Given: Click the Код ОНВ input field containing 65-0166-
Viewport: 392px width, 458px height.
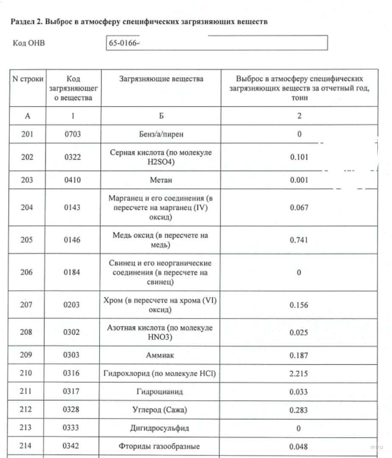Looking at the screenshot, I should click(x=217, y=43).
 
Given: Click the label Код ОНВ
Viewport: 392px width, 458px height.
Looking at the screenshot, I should click(x=29, y=43).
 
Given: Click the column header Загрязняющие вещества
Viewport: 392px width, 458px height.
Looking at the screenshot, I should click(x=161, y=79).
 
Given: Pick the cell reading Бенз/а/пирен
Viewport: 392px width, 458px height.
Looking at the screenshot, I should click(x=161, y=134).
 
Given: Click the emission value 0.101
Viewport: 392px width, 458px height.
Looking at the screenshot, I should click(x=299, y=157).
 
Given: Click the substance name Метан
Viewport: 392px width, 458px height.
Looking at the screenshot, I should click(x=161, y=180).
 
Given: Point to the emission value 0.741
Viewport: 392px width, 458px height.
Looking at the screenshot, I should click(x=299, y=240).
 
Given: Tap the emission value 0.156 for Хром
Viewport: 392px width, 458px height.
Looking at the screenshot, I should click(x=299, y=305).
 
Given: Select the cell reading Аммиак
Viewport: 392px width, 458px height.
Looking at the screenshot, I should click(x=161, y=355).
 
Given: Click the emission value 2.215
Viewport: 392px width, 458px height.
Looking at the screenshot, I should click(x=299, y=374).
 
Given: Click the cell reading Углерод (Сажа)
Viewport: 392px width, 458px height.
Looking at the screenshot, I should click(x=161, y=410).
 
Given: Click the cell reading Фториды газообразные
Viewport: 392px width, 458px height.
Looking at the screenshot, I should click(x=161, y=447).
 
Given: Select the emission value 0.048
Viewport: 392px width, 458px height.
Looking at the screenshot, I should click(x=299, y=447).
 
